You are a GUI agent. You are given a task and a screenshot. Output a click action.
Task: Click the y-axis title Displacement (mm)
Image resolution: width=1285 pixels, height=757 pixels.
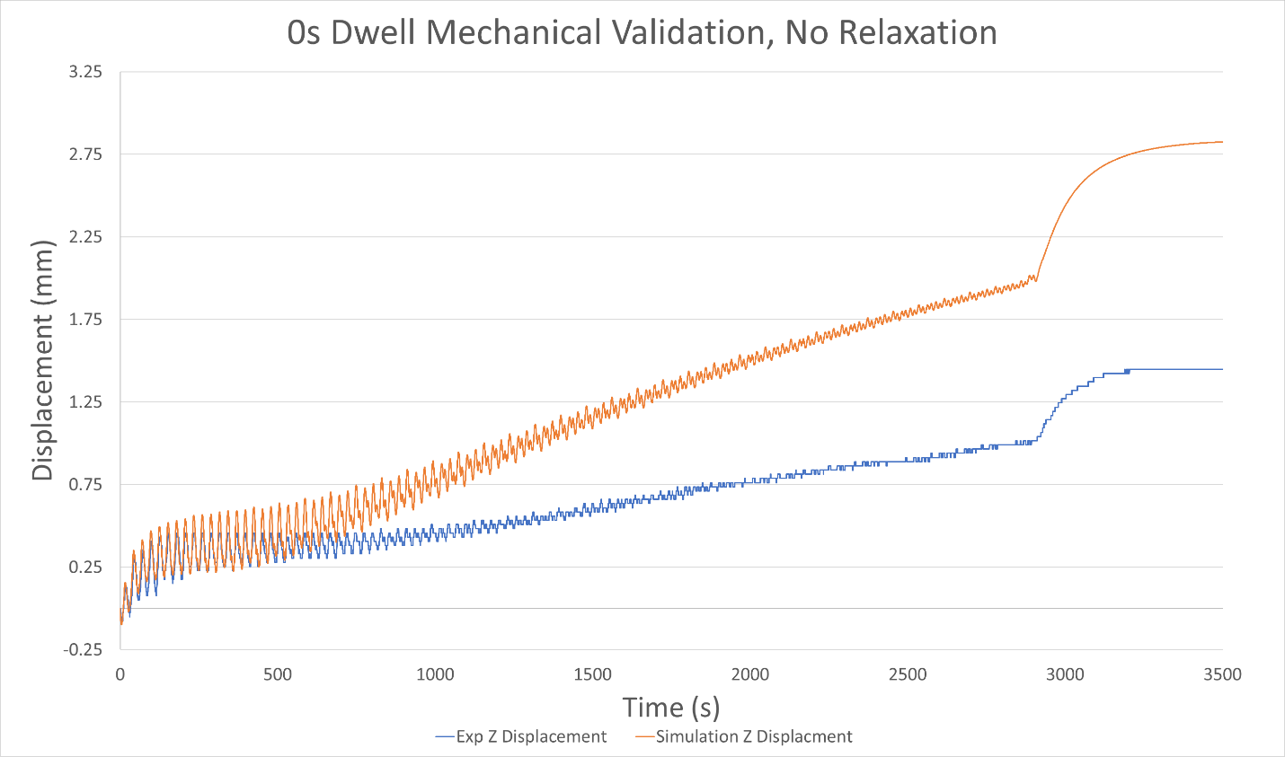[x=42, y=360]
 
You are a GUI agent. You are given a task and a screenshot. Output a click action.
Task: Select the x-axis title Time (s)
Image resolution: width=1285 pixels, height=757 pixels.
[x=671, y=708]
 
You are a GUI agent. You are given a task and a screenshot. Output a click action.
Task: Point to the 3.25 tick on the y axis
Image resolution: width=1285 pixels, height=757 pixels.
[x=85, y=72]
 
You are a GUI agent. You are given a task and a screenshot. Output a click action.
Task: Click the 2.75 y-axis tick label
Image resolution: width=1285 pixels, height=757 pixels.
[x=85, y=154]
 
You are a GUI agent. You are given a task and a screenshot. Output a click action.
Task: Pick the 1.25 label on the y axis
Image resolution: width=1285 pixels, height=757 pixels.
[x=85, y=402]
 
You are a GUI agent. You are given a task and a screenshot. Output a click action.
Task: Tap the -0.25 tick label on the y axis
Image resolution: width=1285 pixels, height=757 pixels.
[x=84, y=649]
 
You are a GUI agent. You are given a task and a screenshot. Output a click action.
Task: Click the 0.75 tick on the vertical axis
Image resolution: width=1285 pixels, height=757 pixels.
[x=85, y=485]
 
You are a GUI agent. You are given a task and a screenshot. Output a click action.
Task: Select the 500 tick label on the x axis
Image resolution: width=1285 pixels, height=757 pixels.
[x=278, y=674]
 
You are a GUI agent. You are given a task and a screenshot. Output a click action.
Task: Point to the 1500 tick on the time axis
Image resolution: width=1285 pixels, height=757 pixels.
[x=592, y=674]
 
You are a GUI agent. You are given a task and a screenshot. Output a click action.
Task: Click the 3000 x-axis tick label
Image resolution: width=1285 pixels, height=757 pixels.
[x=1065, y=674]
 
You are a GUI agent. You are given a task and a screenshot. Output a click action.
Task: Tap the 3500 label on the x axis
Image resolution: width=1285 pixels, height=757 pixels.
[x=1222, y=674]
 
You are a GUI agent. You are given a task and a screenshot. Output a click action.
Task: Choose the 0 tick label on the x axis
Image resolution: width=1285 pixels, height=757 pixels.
[x=120, y=674]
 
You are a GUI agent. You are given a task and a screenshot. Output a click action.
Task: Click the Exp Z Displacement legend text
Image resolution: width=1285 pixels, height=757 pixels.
[x=531, y=737]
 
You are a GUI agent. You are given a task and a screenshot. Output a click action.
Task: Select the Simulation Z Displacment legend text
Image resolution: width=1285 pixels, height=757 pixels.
[x=754, y=737]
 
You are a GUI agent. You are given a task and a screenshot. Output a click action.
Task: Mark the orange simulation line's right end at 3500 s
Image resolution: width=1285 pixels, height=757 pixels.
[x=1221, y=142]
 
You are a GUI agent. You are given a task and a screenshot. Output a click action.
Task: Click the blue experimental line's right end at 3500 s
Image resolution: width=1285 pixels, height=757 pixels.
[x=1221, y=369]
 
